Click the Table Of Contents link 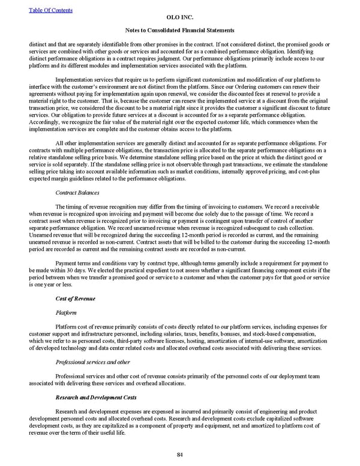tap(50, 10)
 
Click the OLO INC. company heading tap(179, 18)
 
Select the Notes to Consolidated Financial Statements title tap(179, 30)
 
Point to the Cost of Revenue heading tap(75, 298)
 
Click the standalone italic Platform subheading tap(65, 312)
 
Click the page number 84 tap(179, 453)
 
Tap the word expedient tap(139, 271)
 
